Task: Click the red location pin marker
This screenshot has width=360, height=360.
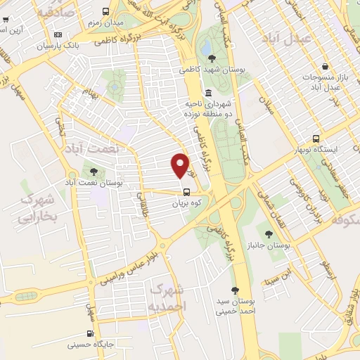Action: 181,165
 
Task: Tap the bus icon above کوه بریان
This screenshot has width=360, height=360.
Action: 186,191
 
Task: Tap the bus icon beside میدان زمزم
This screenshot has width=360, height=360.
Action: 105,11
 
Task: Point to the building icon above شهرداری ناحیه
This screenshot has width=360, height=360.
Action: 208,93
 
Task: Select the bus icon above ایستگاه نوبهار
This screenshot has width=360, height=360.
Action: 316,139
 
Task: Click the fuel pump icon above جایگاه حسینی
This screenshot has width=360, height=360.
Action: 89,333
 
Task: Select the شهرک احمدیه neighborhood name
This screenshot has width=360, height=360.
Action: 168,298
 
